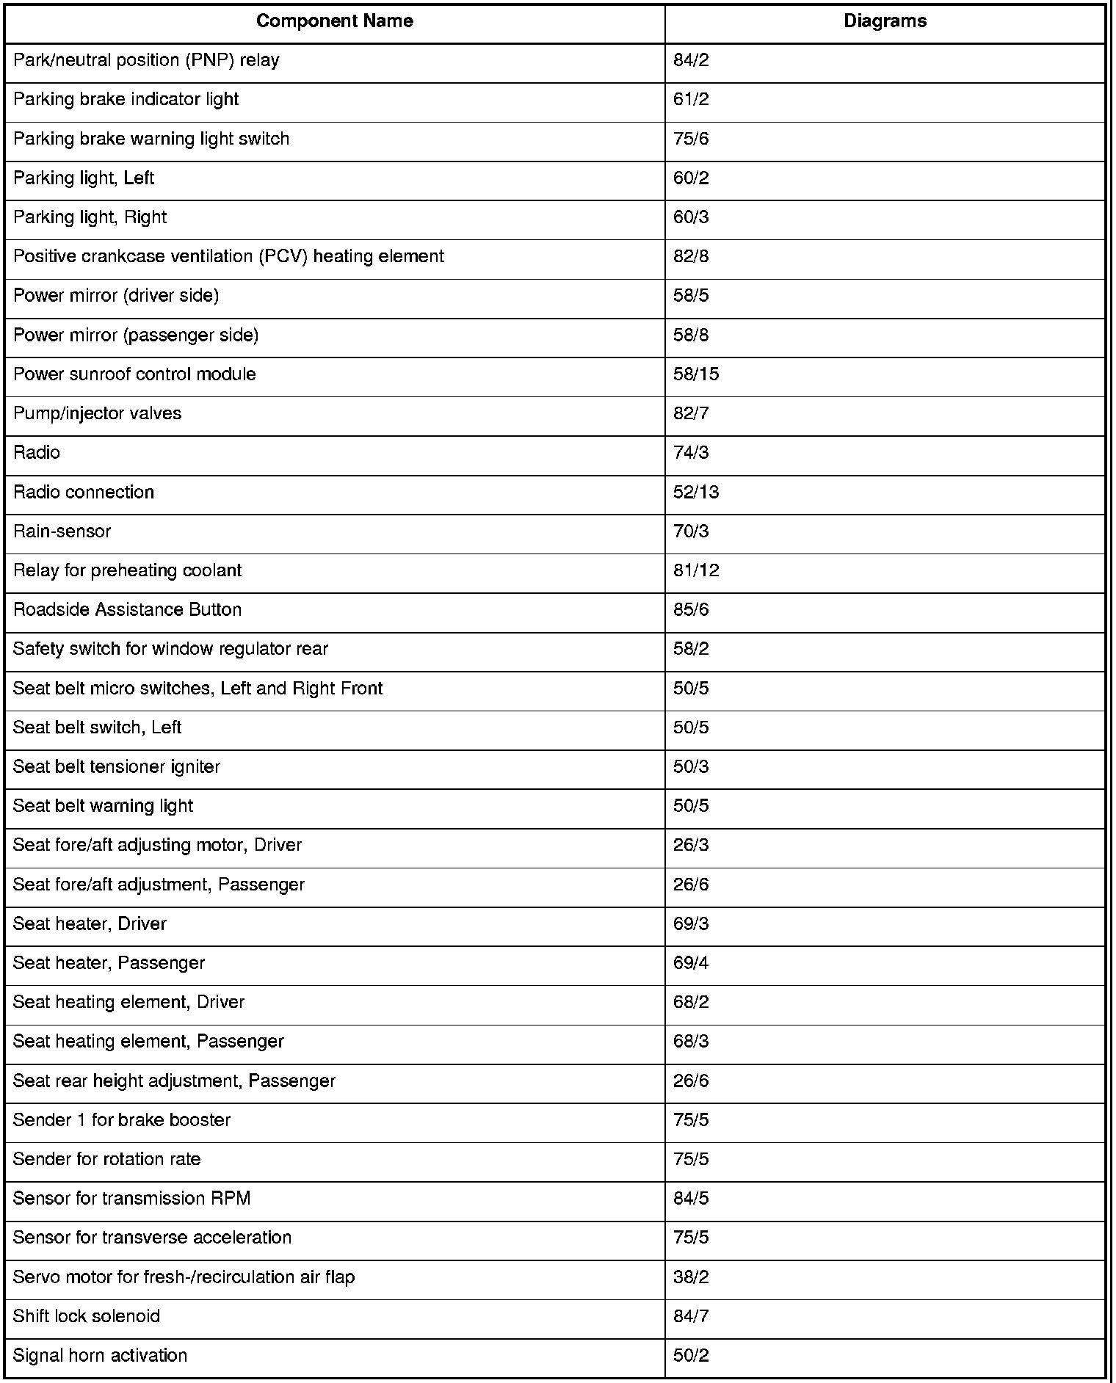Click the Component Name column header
pos(334,21)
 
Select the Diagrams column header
pos(885,21)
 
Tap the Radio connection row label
pos(84,492)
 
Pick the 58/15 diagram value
pos(696,374)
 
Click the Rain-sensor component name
pos(62,531)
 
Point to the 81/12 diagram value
pos(696,570)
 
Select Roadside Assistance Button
pos(128,610)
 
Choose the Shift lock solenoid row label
pos(87,1316)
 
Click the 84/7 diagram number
pos(691,1316)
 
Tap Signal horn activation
pos(101,1355)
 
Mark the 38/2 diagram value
pos(691,1277)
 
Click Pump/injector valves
pos(98,413)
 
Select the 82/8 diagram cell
pos(691,256)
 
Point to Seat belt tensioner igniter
pos(117,767)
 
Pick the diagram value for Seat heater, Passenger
pos(691,963)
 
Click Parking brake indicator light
pos(126,99)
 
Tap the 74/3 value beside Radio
pos(691,453)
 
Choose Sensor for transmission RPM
pos(132,1199)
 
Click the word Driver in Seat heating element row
pos(220,1002)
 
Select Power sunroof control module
pos(135,374)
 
